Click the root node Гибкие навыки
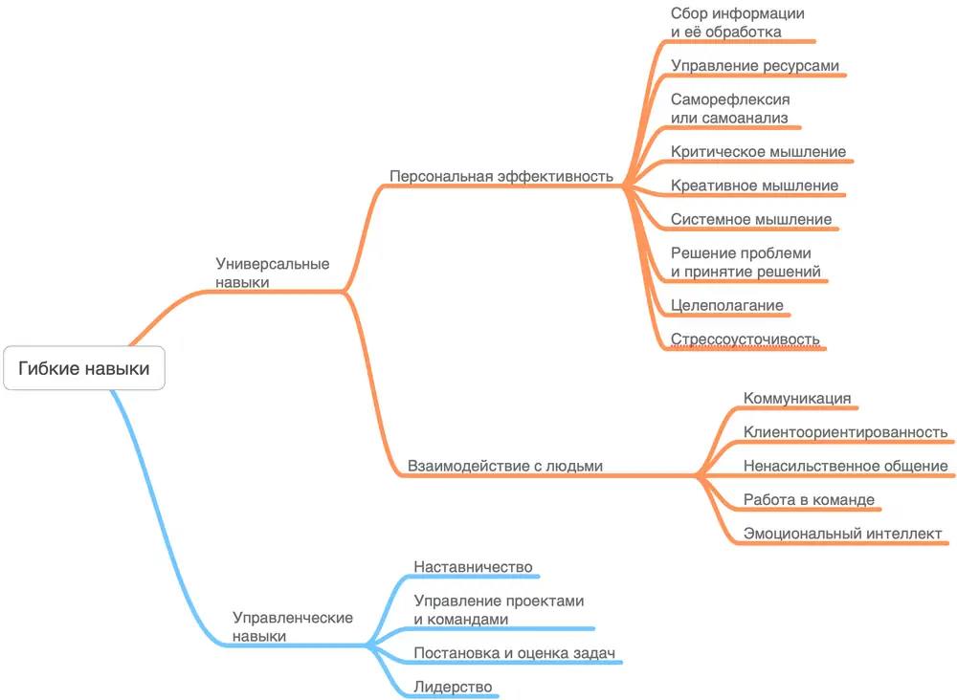84,368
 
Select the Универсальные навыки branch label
272,273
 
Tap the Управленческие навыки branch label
292,626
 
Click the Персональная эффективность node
501,176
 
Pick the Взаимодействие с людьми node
505,467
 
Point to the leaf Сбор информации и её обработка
737,23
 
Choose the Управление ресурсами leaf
755,66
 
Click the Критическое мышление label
758,151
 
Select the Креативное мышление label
754,186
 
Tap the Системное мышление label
751,219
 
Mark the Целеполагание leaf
727,305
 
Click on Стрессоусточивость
746,339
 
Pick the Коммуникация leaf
797,398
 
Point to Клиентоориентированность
845,432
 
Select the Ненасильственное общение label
845,467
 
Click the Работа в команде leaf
809,500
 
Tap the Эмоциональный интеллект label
842,534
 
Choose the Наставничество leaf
473,567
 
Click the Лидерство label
453,687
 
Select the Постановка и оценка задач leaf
513,653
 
